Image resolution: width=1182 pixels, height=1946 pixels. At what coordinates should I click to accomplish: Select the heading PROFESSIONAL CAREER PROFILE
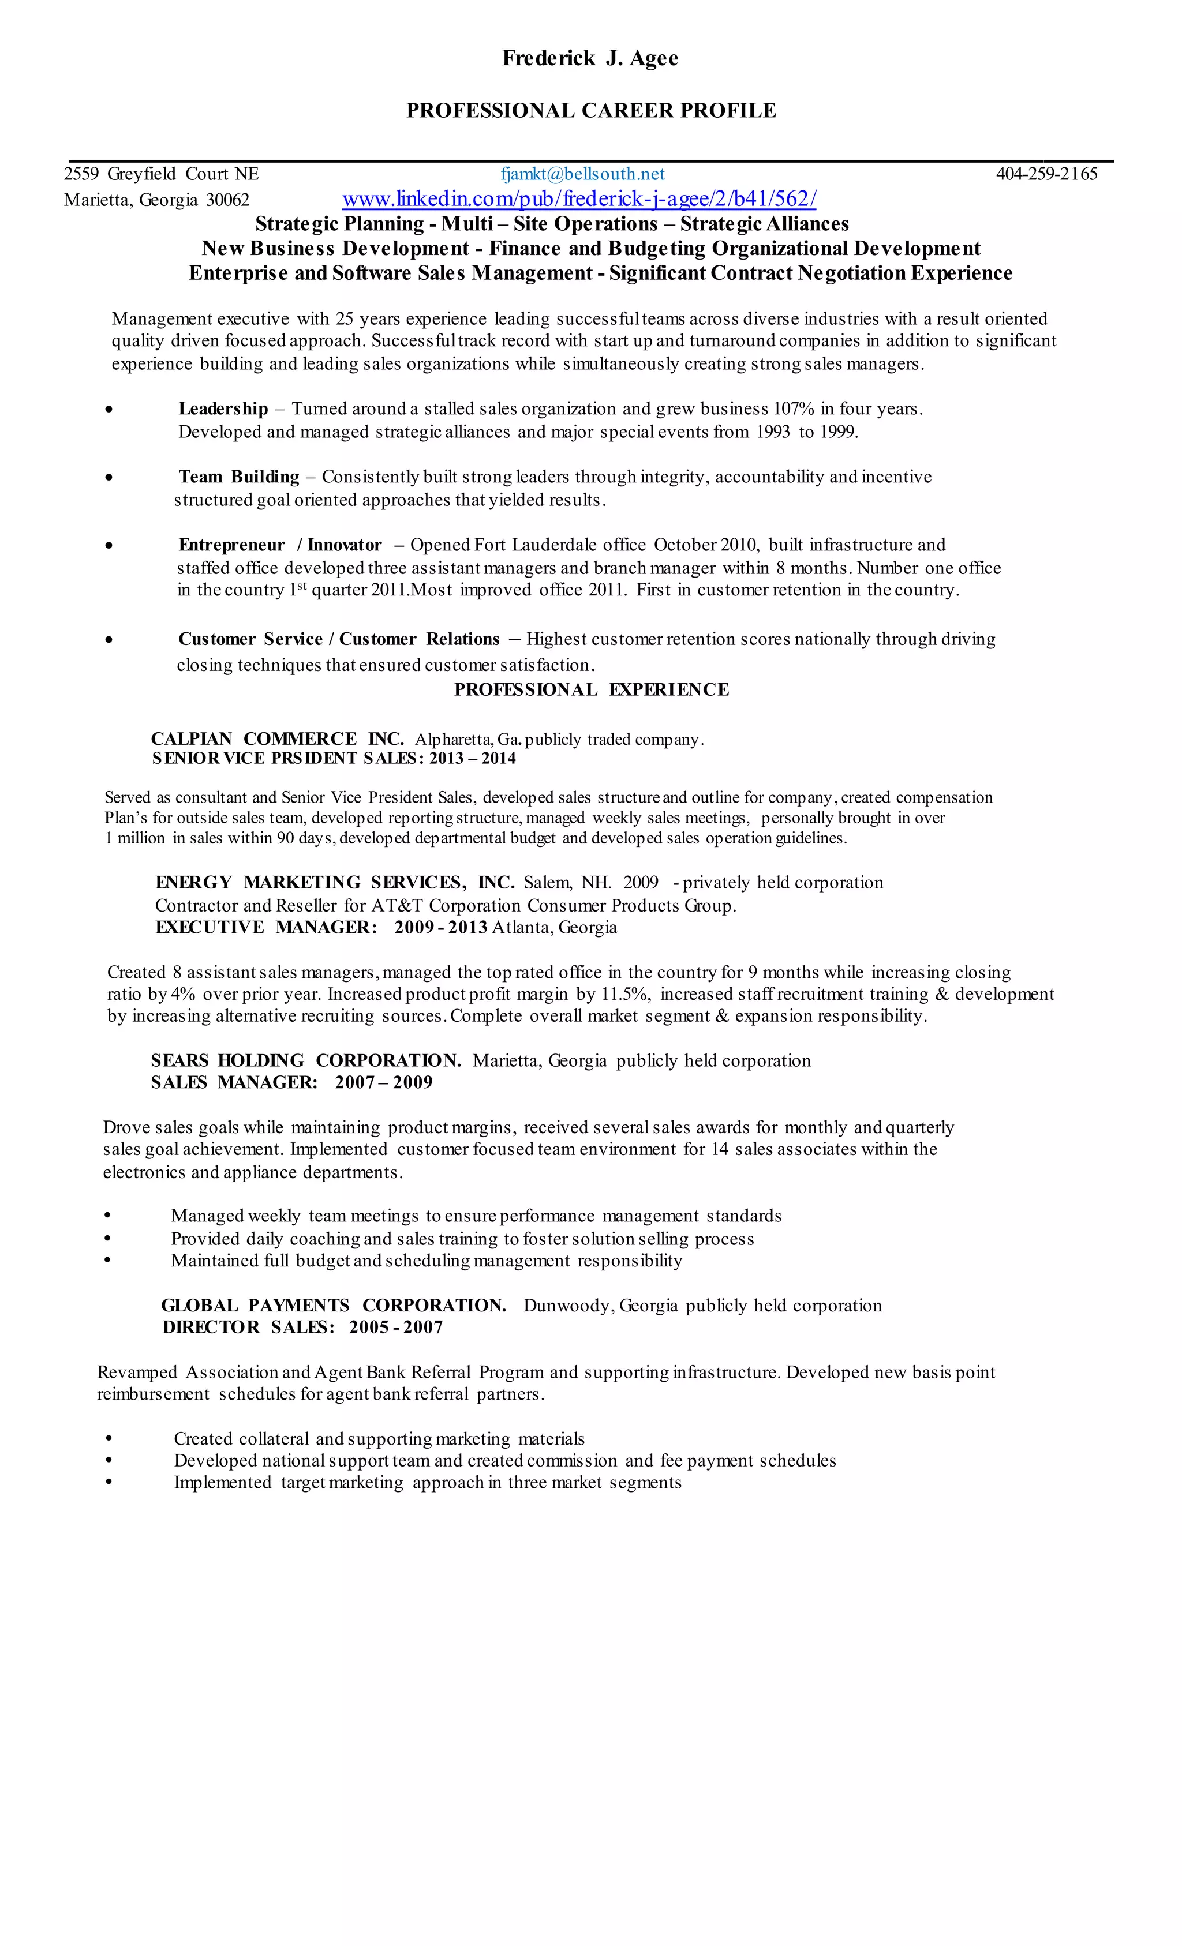tap(590, 111)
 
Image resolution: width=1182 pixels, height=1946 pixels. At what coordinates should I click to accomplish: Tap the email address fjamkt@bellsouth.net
tap(582, 174)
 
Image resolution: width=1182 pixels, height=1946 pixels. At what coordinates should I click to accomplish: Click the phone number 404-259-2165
tap(1046, 174)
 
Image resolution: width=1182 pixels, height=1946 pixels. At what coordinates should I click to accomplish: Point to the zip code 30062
tap(227, 200)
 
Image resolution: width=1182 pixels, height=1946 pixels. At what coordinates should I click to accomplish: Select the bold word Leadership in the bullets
tap(223, 409)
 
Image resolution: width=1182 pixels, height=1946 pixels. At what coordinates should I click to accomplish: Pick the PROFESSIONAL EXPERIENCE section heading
tap(591, 689)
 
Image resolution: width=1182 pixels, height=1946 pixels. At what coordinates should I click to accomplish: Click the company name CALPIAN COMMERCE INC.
tap(278, 739)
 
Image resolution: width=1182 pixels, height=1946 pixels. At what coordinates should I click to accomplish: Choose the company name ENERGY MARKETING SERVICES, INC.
tap(335, 882)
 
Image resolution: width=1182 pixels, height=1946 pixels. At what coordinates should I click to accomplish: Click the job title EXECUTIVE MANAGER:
tap(266, 927)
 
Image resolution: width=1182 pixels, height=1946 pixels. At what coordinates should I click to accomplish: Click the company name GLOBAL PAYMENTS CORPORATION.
tap(334, 1306)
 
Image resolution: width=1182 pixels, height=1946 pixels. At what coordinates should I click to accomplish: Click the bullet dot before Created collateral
tap(109, 1439)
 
